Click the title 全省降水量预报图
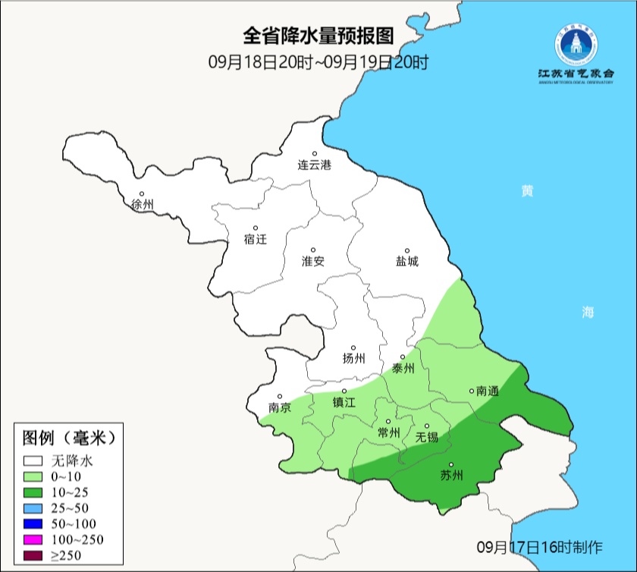(318, 36)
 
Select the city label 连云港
(314, 165)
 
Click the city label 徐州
(142, 205)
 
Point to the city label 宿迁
(256, 239)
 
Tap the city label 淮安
(313, 261)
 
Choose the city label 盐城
(406, 261)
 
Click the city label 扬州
(353, 359)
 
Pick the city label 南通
(487, 391)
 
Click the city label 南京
(280, 407)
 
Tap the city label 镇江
(344, 403)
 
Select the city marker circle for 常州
(388, 421)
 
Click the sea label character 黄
(526, 191)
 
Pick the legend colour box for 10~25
(33, 492)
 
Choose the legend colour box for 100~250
(33, 539)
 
